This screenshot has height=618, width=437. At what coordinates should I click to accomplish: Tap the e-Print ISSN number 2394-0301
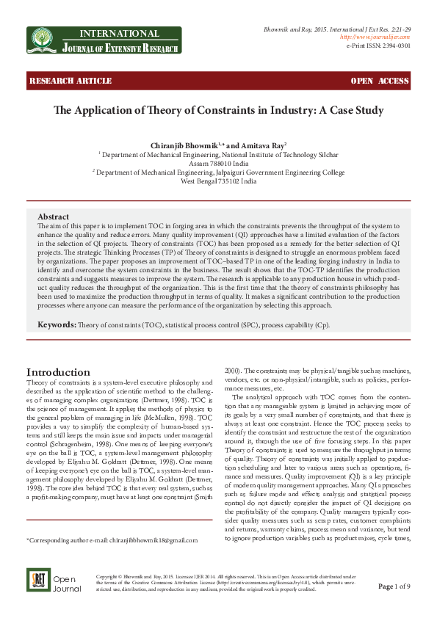394,45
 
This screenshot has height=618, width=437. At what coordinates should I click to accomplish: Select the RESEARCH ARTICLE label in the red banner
60,80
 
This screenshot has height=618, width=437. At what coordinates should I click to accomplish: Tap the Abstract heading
53,217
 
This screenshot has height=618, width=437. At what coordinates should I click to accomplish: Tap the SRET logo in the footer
37,600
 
